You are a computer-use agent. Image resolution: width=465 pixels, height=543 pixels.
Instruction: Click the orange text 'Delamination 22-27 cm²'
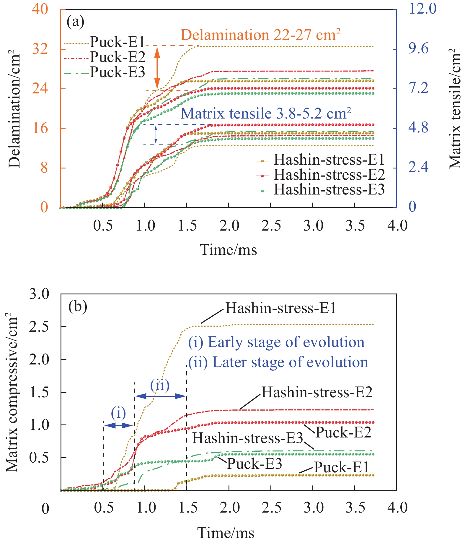tap(260, 35)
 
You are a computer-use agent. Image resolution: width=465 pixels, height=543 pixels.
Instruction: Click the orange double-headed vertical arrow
tap(157, 68)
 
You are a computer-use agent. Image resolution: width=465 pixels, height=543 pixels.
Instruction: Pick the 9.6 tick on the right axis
tap(418, 49)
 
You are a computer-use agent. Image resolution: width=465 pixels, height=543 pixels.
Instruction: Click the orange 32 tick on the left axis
tap(40, 49)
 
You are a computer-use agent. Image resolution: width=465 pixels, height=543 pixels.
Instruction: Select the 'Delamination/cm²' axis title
tap(14, 109)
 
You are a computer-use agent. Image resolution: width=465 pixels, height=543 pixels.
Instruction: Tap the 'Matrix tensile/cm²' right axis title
tap(455, 109)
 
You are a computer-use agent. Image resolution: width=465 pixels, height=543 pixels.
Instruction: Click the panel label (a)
tap(75, 22)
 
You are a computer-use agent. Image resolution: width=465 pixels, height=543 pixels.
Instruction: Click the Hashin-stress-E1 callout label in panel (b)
tap(280, 308)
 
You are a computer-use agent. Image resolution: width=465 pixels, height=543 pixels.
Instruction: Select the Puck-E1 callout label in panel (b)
tap(341, 467)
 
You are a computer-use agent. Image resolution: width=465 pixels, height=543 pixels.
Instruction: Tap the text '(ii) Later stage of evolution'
tap(278, 362)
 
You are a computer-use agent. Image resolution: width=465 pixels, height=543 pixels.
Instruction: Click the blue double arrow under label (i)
tap(118, 425)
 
